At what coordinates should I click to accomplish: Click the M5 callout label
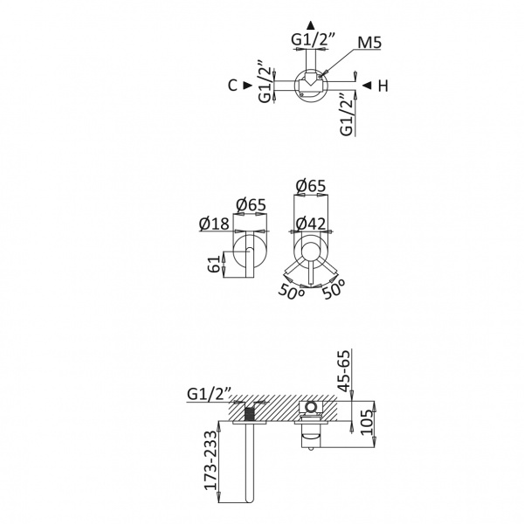point(369,43)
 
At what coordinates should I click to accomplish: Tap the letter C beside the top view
point(232,86)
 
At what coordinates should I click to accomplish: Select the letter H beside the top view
point(383,86)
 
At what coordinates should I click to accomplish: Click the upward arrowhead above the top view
point(311,25)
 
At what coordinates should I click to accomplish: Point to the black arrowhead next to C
point(248,86)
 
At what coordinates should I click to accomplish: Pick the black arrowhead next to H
point(367,86)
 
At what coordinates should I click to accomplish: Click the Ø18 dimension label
point(214,224)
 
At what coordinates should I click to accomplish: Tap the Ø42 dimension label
point(311,224)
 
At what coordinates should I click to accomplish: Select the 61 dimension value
point(215,264)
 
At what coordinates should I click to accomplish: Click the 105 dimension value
point(367,422)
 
